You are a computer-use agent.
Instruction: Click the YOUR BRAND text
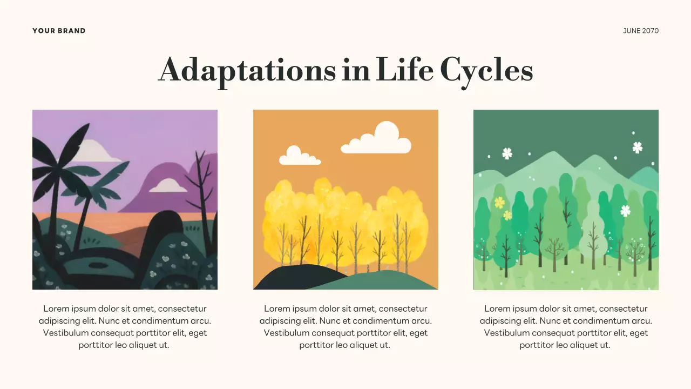pos(59,31)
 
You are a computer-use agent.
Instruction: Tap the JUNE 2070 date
pos(641,31)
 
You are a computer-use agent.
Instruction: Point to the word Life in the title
pos(404,70)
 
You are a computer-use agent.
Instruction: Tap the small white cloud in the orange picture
pos(299,157)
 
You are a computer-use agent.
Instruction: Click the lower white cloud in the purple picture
pos(168,186)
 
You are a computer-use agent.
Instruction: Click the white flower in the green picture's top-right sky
pos(638,147)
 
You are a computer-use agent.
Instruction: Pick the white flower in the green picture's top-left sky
pos(507,153)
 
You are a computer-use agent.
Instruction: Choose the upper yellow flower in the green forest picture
pos(499,203)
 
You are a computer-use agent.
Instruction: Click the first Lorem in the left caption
pos(56,309)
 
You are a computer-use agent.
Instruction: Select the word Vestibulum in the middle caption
pos(286,333)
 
